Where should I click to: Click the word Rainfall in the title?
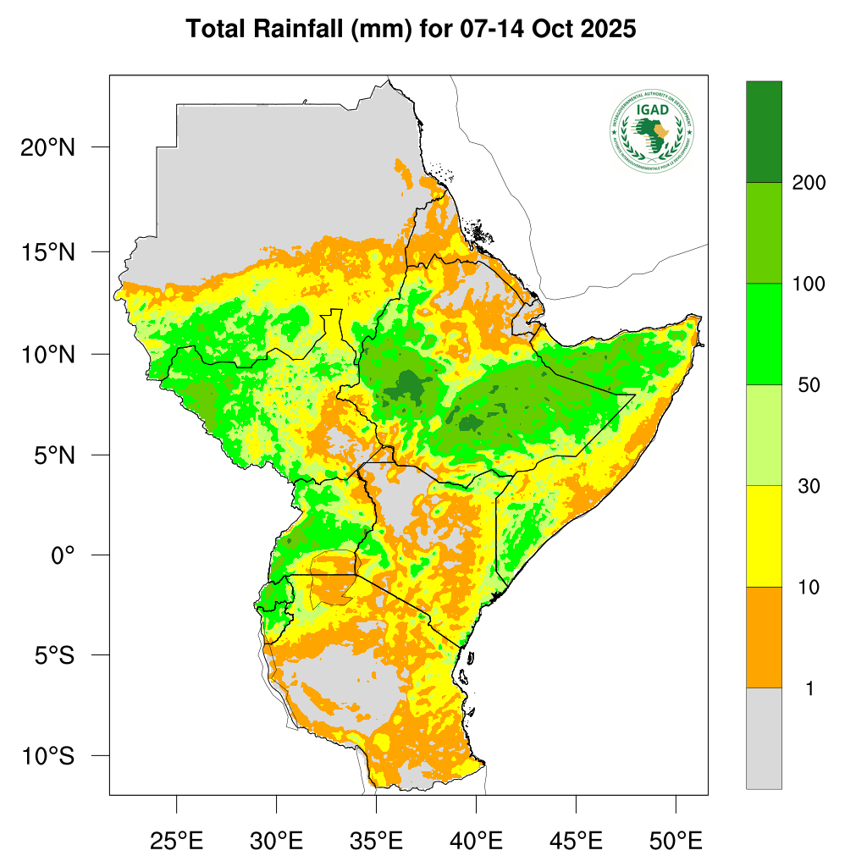pyautogui.click(x=296, y=30)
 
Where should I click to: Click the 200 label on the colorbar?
pyautogui.click(x=809, y=183)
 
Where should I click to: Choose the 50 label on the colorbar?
pyautogui.click(x=809, y=385)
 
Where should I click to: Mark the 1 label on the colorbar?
pyautogui.click(x=809, y=689)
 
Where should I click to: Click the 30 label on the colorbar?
pyautogui.click(x=809, y=486)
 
